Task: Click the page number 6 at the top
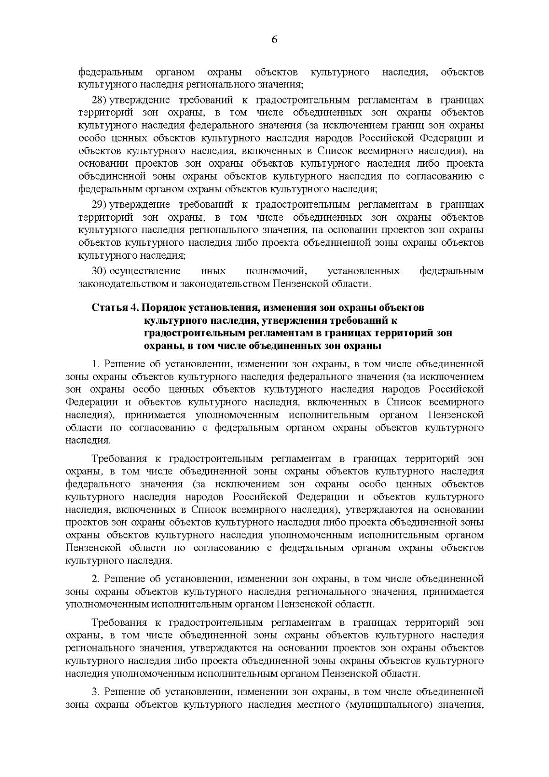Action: [274, 40]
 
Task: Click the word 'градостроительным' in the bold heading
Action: [189, 333]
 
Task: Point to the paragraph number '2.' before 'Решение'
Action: [96, 579]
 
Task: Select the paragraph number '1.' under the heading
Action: [96, 364]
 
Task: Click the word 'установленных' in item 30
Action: [364, 272]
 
